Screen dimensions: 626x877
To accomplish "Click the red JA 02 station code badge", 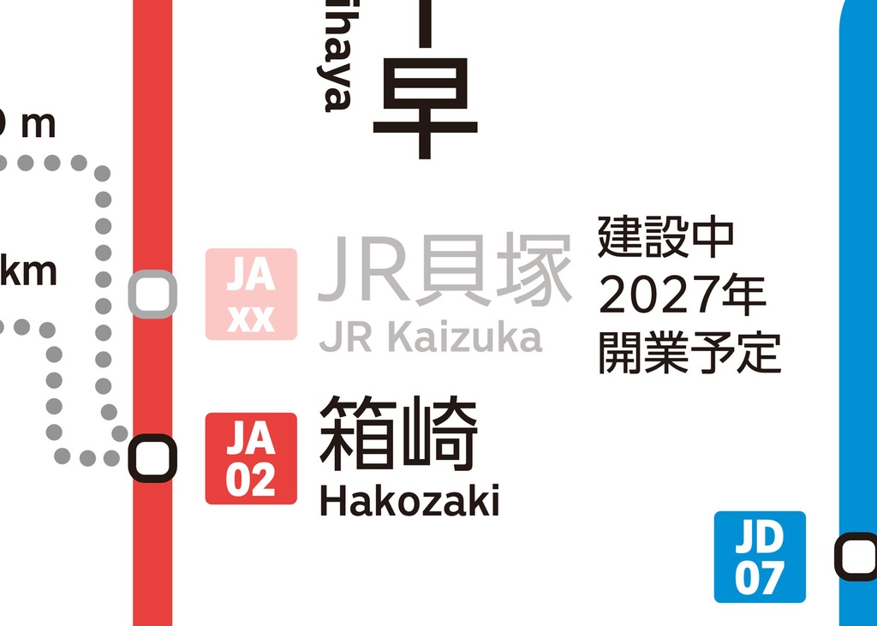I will (251, 458).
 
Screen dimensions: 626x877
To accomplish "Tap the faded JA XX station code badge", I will (251, 294).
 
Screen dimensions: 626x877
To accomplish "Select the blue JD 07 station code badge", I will (760, 557).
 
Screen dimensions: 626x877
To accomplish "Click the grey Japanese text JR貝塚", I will (444, 270).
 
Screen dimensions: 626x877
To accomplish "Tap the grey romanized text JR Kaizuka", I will (431, 337).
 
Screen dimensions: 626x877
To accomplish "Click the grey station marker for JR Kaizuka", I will (152, 294).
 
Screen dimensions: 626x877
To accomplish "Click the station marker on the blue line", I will (857, 557).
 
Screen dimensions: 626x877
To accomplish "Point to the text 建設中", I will (666, 237).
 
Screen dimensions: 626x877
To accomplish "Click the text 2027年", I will (682, 295).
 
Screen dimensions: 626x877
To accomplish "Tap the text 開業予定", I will (689, 352).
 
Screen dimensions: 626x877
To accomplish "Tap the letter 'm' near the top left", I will (38, 125).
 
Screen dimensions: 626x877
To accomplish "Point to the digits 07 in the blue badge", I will (760, 578).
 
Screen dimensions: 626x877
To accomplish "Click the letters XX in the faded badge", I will (251, 318).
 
